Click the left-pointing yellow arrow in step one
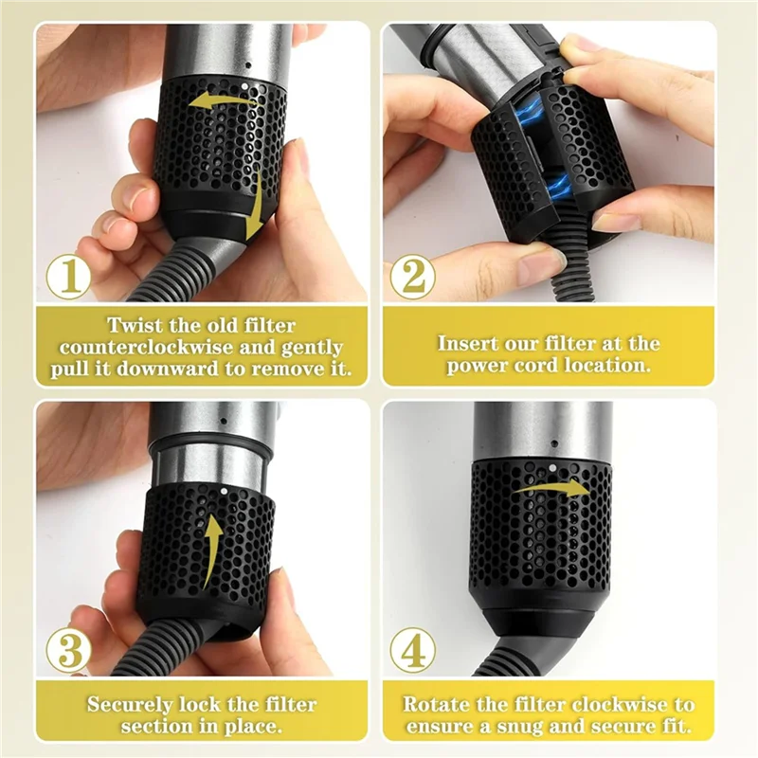[x=213, y=99]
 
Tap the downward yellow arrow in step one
[x=253, y=214]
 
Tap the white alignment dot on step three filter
[x=221, y=493]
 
